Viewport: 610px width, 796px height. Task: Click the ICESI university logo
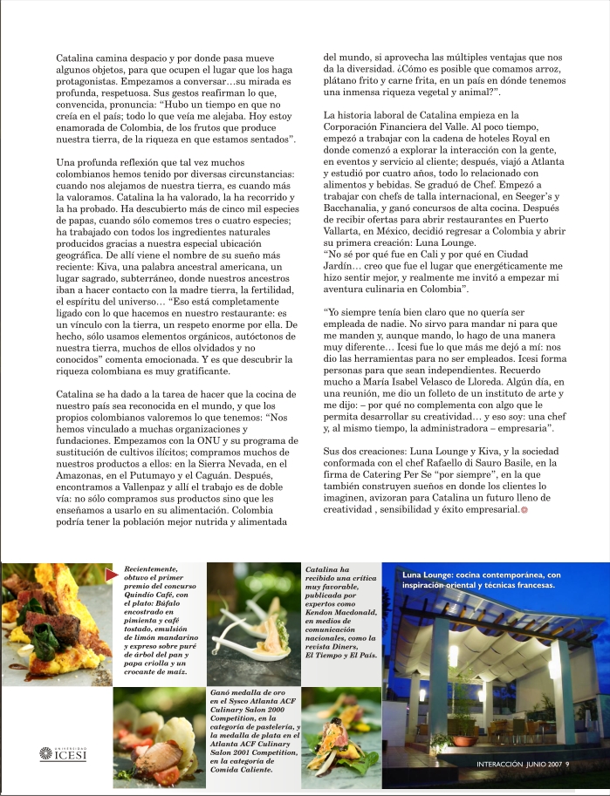[63, 753]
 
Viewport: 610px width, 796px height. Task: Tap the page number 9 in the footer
[566, 765]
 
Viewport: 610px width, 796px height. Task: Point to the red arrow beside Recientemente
[112, 574]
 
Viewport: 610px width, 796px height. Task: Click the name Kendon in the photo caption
[324, 613]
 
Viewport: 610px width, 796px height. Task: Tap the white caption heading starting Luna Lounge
[481, 581]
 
